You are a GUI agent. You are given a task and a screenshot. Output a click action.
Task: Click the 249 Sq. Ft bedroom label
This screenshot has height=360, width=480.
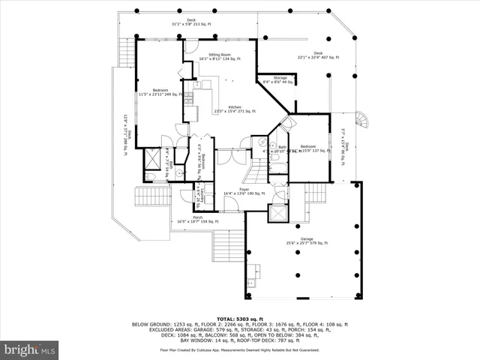[x=158, y=91]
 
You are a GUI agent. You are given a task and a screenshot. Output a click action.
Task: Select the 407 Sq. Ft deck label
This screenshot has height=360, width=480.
[x=319, y=55]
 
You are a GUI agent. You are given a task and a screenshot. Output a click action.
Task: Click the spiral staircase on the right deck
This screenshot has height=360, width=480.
[x=362, y=121]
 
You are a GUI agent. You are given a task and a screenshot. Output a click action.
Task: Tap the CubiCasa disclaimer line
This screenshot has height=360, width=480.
[x=239, y=349]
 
